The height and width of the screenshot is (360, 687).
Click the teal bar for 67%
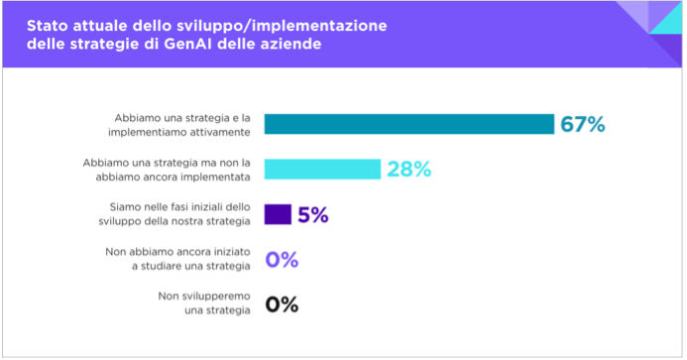tap(409, 124)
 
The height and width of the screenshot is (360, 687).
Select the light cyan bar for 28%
tap(322, 169)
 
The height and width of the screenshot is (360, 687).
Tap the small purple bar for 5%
tap(278, 214)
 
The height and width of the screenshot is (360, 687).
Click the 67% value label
tap(582, 124)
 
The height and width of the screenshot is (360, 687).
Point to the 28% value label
tap(408, 170)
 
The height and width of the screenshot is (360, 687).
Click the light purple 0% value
tap(282, 260)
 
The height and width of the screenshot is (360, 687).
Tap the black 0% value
tap(282, 304)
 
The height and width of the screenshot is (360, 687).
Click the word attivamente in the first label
tap(221, 131)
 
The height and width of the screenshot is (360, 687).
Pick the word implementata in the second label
tap(219, 176)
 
